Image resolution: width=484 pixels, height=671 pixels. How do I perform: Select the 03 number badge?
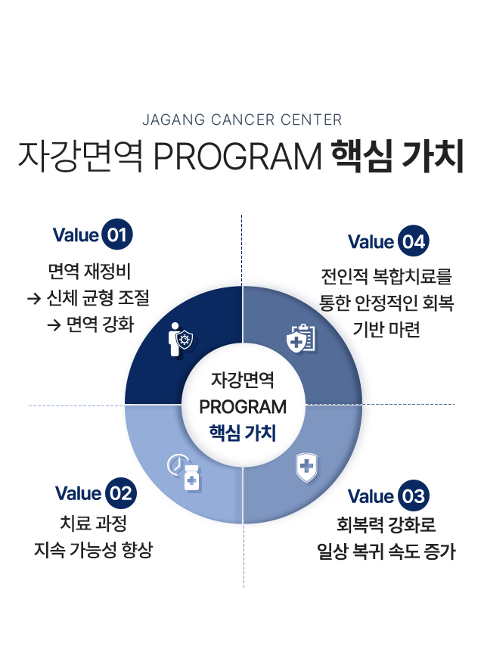[x=412, y=496]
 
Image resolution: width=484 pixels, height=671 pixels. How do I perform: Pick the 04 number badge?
[x=412, y=242]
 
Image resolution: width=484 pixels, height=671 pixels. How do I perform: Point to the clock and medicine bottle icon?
[x=184, y=472]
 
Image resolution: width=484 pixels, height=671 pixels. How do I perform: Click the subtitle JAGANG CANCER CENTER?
[x=242, y=120]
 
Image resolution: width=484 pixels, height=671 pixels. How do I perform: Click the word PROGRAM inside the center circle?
[x=243, y=407]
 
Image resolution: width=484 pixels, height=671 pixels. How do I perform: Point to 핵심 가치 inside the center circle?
[x=243, y=434]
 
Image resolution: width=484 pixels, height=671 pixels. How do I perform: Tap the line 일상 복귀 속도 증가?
[x=386, y=552]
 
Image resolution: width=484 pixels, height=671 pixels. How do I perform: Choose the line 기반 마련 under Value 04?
[x=386, y=329]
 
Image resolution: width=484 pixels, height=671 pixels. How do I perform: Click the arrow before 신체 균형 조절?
[x=33, y=299]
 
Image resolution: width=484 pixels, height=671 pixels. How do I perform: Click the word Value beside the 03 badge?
[x=371, y=497]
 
